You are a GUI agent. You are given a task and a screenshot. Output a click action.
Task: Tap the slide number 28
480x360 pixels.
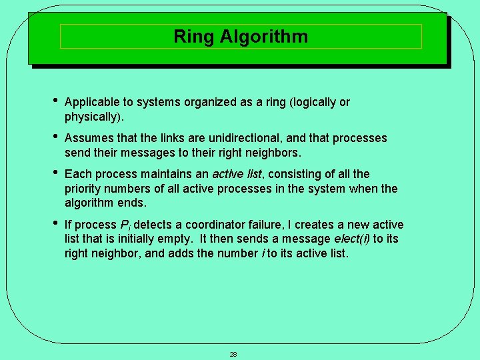[x=233, y=354]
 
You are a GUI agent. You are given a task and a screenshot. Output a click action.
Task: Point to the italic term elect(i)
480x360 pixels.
[x=354, y=239]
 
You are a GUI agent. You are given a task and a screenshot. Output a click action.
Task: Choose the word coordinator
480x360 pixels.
[x=215, y=225]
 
